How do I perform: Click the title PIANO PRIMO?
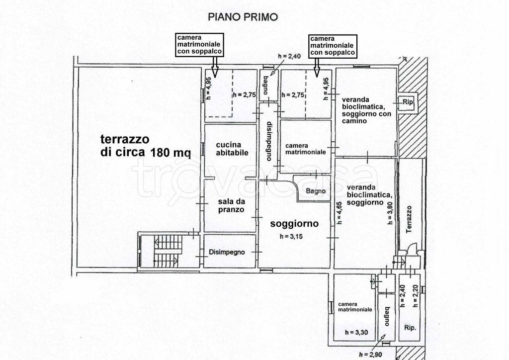[x=243, y=17]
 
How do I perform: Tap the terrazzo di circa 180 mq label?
[x=146, y=145]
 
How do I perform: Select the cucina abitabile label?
[x=232, y=149]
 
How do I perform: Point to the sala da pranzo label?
[x=231, y=206]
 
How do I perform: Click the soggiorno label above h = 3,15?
[x=294, y=224]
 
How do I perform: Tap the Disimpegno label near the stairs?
[x=227, y=252]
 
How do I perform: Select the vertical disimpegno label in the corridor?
[x=268, y=141]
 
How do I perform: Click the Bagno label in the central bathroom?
[x=316, y=191]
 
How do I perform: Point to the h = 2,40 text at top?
[x=290, y=56]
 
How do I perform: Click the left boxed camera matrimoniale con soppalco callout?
[x=199, y=45]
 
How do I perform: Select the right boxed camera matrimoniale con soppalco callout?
[x=332, y=45]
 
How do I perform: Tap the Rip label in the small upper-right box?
[x=408, y=102]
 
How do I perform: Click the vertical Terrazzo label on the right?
[x=409, y=219]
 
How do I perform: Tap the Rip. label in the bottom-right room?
[x=410, y=328]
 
